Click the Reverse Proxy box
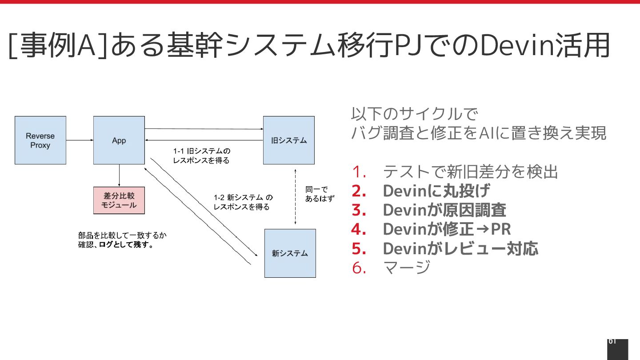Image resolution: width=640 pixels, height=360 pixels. pos(40,140)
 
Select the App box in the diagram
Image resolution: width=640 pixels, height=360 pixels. pos(119,140)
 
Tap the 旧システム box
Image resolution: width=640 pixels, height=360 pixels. pos(289,140)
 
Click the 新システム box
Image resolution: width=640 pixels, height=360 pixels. pos(290,253)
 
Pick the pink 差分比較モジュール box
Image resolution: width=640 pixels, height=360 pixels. pos(119,200)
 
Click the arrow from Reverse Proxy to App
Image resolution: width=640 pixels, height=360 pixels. pos(80,140)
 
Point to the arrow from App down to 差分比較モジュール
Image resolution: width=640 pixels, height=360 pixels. pos(119,176)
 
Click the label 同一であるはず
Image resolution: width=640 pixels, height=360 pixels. pos(319,194)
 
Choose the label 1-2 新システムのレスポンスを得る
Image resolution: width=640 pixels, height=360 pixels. pos(243,202)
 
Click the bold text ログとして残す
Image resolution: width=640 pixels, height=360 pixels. pos(126,245)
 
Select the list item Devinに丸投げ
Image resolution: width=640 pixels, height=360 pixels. pos(436,191)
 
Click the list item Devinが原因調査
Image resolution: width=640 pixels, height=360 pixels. pos(444,210)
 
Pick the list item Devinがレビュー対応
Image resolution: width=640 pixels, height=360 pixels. pos(460,248)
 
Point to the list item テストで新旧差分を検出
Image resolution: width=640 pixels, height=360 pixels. pos(470,172)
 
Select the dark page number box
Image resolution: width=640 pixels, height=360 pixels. pos(617,349)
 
